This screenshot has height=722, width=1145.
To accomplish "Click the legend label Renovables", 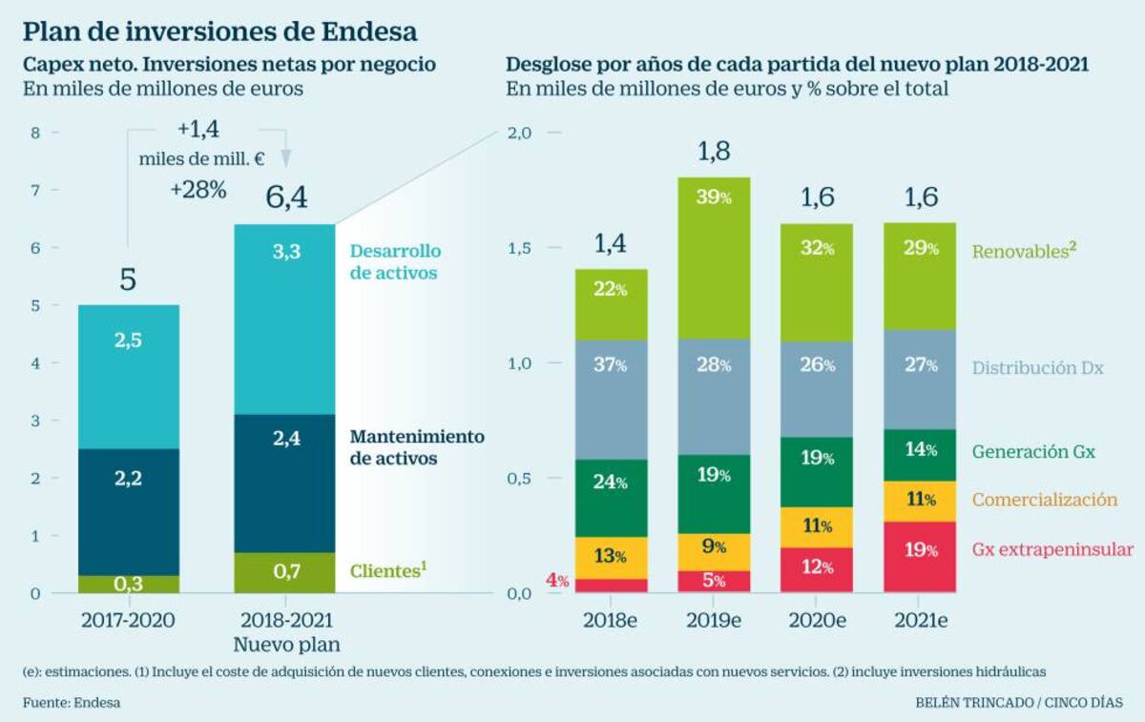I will (x=1018, y=252).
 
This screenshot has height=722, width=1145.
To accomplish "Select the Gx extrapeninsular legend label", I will (x=1052, y=549).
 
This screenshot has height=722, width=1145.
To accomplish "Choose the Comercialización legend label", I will (x=1045, y=500).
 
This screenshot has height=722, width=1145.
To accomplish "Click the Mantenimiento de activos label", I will (x=417, y=447).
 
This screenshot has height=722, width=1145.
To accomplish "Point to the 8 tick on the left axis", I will (x=35, y=133).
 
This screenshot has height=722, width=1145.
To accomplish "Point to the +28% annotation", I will (x=198, y=190).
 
